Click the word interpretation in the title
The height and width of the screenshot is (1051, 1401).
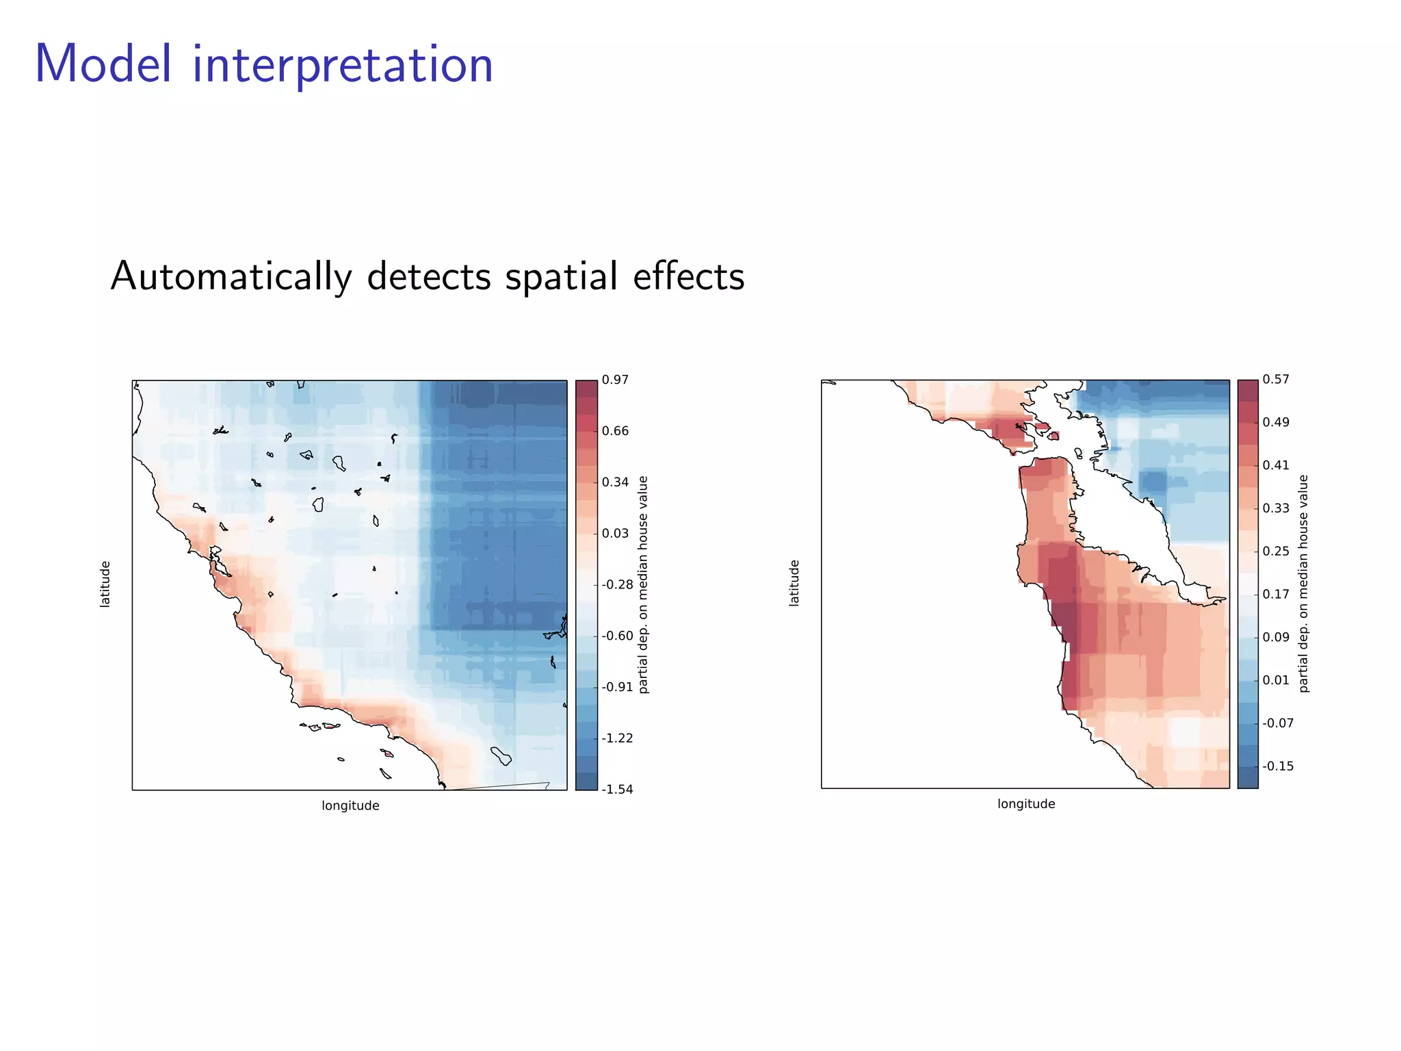click(x=342, y=65)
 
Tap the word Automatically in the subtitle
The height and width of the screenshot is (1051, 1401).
click(x=231, y=276)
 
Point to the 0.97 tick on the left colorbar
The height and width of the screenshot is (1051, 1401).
click(x=615, y=380)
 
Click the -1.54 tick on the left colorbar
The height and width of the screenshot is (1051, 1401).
click(x=617, y=789)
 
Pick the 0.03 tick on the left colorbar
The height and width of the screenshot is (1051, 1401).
click(x=615, y=533)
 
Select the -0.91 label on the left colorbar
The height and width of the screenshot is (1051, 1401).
click(x=617, y=687)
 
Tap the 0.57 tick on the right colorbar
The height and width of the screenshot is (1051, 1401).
click(x=1276, y=379)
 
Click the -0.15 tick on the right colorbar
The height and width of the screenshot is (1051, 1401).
click(x=1278, y=766)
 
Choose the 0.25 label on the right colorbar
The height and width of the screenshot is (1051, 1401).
click(x=1276, y=551)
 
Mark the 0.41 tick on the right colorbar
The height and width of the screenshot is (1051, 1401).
click(x=1276, y=465)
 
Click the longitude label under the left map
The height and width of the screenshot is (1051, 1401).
click(x=350, y=805)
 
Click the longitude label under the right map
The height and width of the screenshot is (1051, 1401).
click(x=1026, y=803)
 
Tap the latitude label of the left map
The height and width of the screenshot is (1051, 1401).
click(x=105, y=584)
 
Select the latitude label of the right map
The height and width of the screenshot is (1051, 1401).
click(x=794, y=583)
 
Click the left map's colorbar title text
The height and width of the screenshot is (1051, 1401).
click(x=643, y=584)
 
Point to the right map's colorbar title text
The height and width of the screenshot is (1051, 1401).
click(x=1303, y=583)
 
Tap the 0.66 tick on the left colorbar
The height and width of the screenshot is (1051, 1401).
click(x=615, y=431)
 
